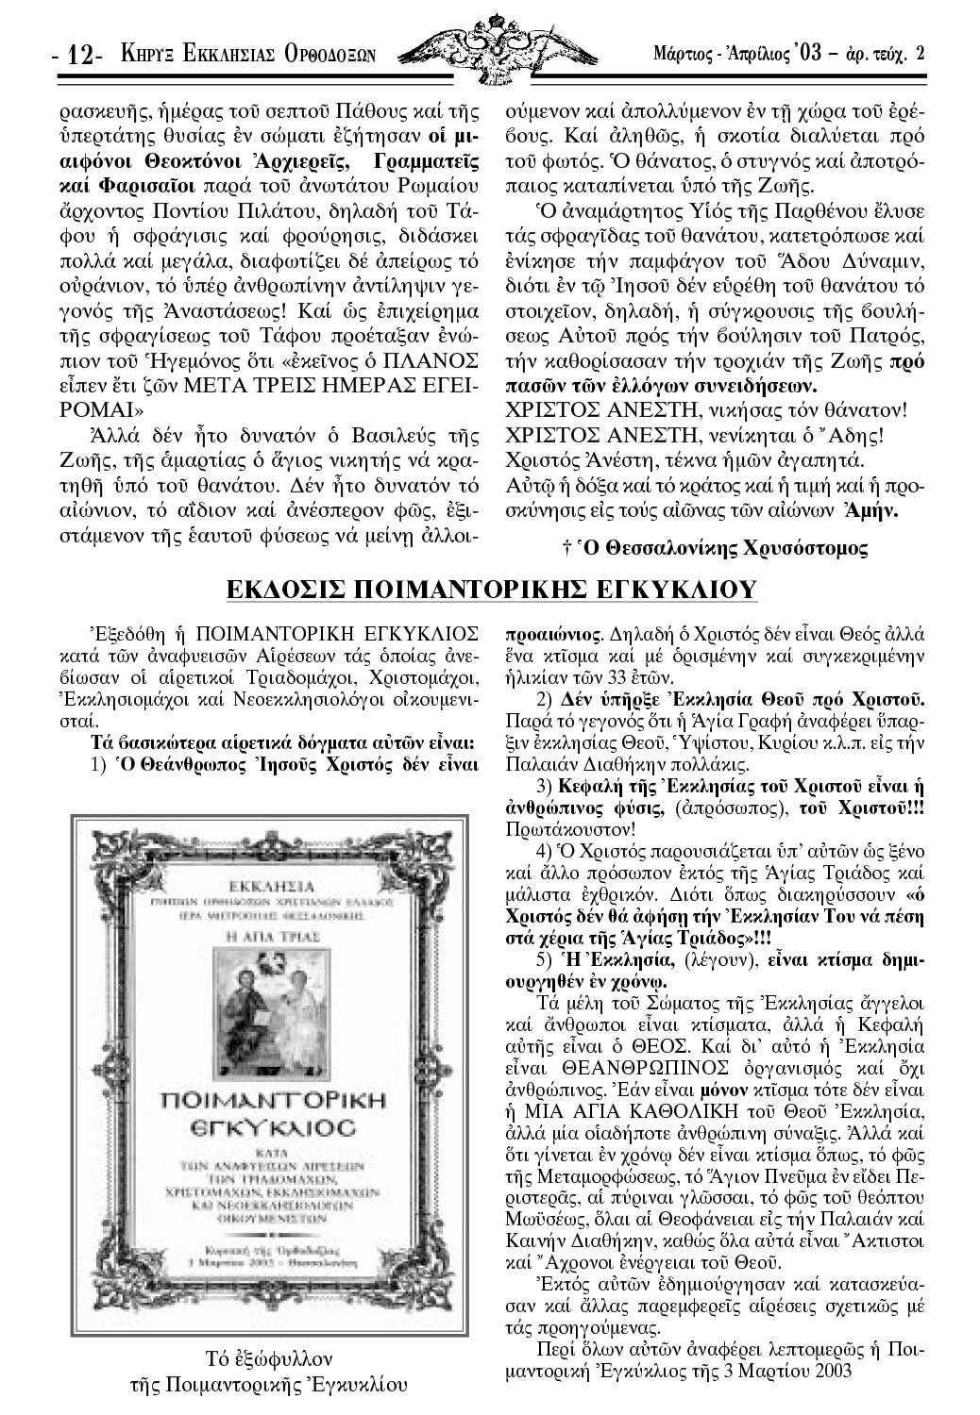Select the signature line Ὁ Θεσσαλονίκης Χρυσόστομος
pos(716,546)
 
